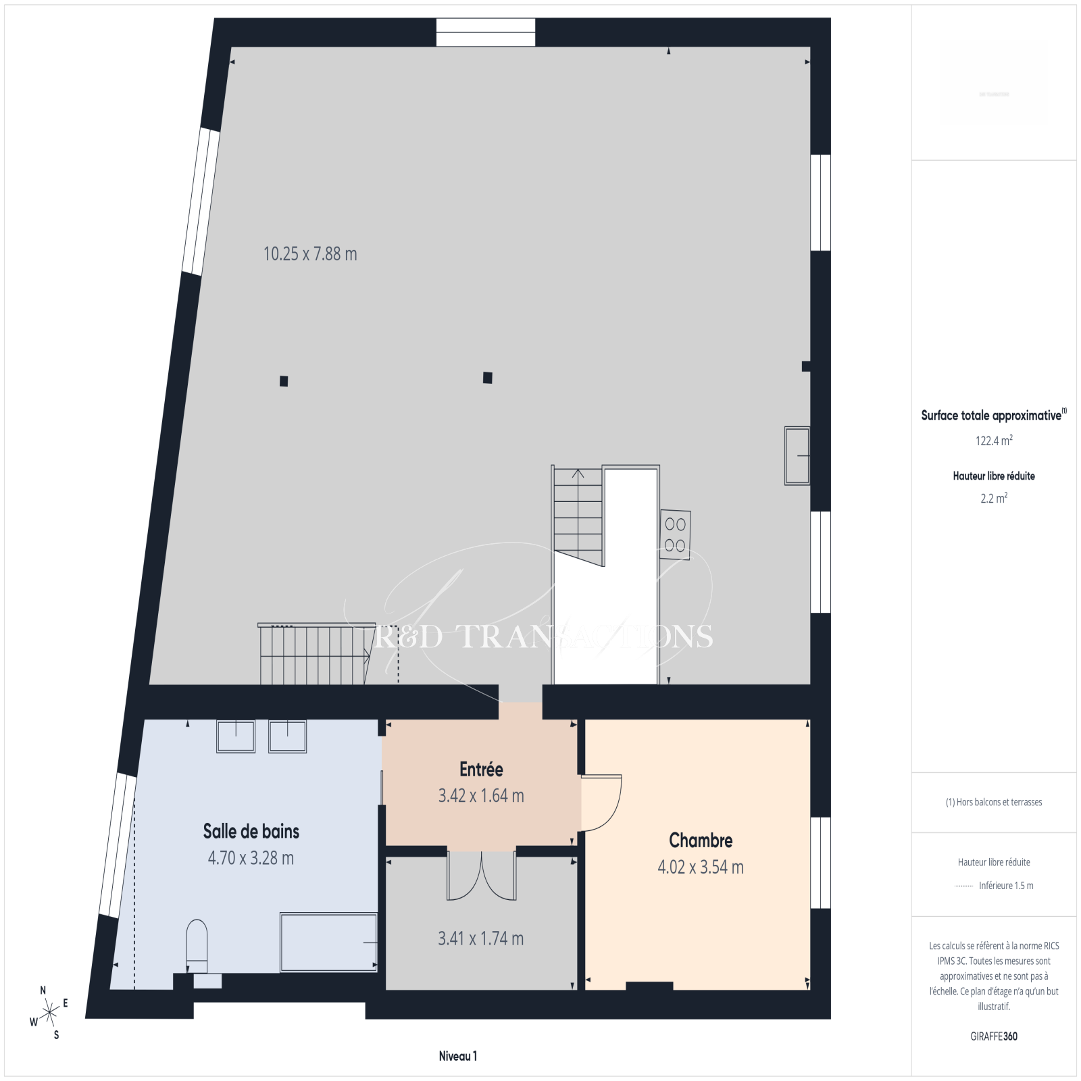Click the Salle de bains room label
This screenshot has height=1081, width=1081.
[x=251, y=831]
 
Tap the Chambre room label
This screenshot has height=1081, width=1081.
[x=701, y=840]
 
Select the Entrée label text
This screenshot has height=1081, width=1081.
[x=481, y=770]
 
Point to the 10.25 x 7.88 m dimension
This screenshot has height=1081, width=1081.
[x=310, y=254]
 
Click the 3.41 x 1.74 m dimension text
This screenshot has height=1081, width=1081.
[x=481, y=938]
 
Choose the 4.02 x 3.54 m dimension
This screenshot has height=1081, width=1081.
[x=701, y=867]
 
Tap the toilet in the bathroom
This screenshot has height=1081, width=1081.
[x=197, y=946]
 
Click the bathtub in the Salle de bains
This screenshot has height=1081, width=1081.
[x=328, y=942]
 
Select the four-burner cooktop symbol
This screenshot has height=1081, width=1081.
[x=675, y=534]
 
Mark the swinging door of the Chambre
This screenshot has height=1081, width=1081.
[x=601, y=802]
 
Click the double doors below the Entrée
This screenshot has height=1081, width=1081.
[x=482, y=876]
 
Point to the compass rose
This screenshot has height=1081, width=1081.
[x=49, y=1012]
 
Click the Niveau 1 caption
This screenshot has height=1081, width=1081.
[x=458, y=1056]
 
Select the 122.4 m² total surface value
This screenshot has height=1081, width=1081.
[x=994, y=441]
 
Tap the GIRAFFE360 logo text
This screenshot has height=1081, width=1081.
[x=994, y=1036]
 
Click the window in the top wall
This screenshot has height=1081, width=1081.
[x=486, y=32]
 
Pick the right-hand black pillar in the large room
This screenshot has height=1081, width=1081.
[x=488, y=378]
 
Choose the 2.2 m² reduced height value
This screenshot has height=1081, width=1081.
[x=994, y=498]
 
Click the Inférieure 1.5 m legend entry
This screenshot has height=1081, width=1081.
[x=994, y=886]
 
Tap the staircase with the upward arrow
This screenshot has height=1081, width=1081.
[x=578, y=516]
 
